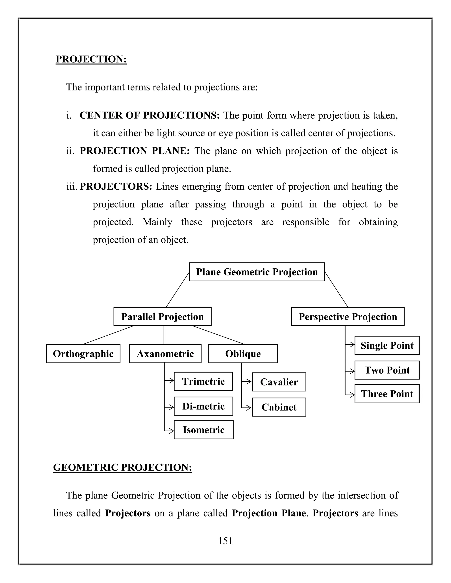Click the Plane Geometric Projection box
point(257,272)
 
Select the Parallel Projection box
point(163,317)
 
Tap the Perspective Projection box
point(347,317)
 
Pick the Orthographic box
point(83,354)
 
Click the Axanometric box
point(165,354)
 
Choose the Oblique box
point(243,354)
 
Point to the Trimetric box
point(203,381)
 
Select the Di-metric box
point(203,406)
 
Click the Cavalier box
point(279,382)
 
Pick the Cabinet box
point(279,407)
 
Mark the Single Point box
point(387,345)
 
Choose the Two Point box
point(387,370)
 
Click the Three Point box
point(387,394)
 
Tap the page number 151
point(225,541)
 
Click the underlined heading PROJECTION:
point(91,59)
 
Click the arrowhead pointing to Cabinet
point(249,408)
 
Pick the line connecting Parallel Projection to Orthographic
point(108,335)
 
